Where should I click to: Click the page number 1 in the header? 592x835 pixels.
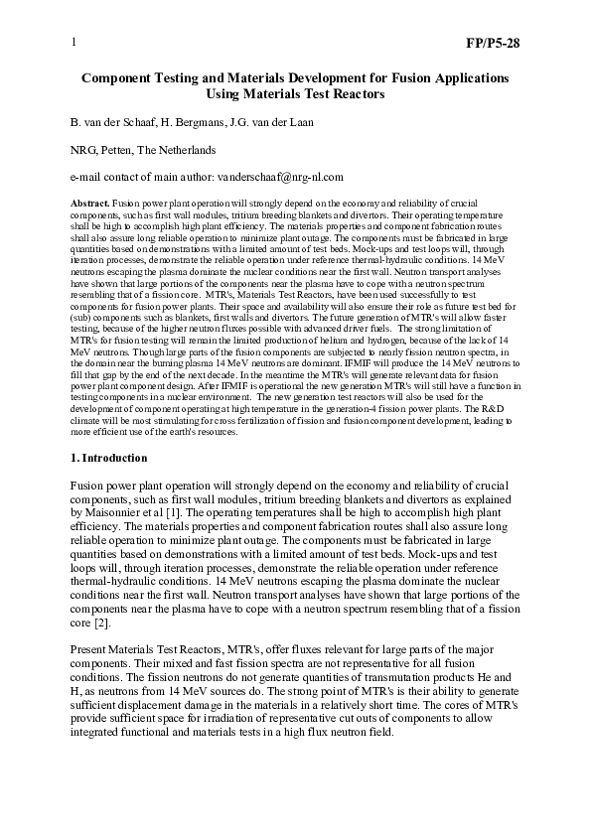74,44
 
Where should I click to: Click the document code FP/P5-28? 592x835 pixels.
494,44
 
